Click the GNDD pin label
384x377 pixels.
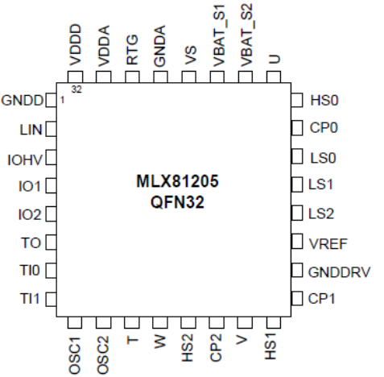coord(22,101)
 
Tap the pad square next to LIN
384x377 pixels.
coord(51,129)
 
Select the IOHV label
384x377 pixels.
coord(25,160)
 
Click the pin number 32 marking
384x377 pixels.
coord(76,89)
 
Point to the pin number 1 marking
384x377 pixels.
coord(62,101)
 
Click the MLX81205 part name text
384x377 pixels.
coord(177,181)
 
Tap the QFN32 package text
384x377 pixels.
coord(177,202)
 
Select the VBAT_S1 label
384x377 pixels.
coord(218,35)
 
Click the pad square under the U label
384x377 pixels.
coord(274,77)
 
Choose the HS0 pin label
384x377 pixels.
coord(324,101)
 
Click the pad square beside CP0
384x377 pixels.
coord(297,128)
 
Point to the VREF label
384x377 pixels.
coord(328,244)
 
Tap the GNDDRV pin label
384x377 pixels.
coord(339,272)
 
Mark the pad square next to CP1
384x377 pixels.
coord(297,298)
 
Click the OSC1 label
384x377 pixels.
coord(75,355)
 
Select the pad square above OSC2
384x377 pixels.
coord(104,322)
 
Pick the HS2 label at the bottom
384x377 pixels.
coord(188,348)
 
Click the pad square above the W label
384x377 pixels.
coord(160,322)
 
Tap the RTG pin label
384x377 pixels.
coord(132,50)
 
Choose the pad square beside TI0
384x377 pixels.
coord(51,270)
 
